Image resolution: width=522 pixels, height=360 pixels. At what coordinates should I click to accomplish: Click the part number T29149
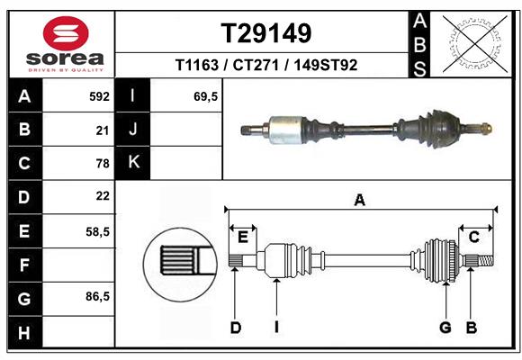click(266, 33)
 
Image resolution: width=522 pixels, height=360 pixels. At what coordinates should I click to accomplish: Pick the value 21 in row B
click(102, 130)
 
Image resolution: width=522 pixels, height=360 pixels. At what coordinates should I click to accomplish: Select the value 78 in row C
click(102, 163)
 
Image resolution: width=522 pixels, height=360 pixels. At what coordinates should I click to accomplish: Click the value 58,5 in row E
click(97, 231)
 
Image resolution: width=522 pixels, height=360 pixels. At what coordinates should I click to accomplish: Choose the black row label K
click(133, 163)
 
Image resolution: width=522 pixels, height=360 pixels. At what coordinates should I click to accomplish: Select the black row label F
click(24, 265)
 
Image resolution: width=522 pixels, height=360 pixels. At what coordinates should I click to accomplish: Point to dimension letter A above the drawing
click(360, 200)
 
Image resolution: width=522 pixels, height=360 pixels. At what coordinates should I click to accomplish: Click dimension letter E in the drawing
click(242, 237)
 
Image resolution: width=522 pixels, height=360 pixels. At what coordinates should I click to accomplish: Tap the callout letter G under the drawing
click(445, 328)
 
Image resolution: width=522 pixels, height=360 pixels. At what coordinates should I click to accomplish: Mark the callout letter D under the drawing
click(235, 328)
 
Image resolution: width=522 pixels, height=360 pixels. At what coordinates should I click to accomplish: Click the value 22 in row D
click(102, 196)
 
